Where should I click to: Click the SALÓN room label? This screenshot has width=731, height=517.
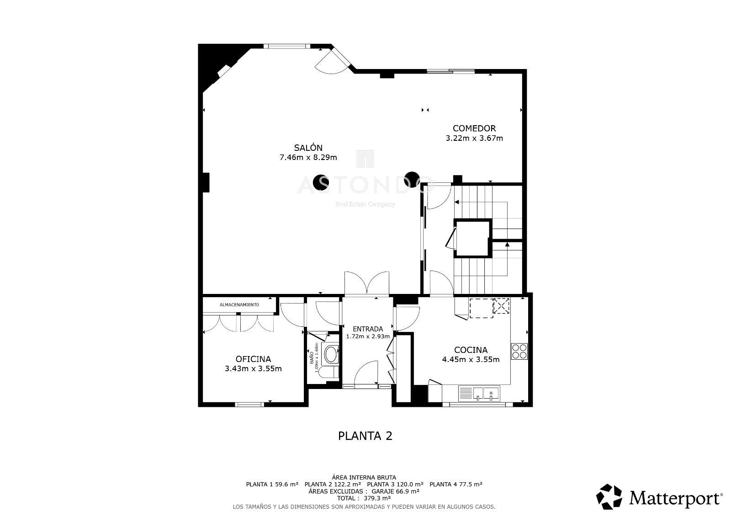click(x=308, y=148)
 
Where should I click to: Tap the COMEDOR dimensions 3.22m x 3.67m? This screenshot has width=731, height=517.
click(x=474, y=138)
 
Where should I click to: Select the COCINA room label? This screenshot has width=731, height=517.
click(x=471, y=350)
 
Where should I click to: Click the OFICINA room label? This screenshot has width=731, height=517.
click(x=253, y=359)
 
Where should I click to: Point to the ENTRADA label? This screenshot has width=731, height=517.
click(x=368, y=329)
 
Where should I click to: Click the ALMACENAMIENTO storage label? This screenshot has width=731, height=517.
click(x=239, y=305)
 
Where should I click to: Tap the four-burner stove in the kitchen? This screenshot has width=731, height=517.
click(x=519, y=351)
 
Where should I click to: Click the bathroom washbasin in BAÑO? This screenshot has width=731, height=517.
click(x=330, y=355)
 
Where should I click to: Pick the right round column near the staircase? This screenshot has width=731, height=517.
click(x=412, y=179)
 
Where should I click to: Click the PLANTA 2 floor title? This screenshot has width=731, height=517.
click(x=365, y=436)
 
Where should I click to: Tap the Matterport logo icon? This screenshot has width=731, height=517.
click(x=609, y=496)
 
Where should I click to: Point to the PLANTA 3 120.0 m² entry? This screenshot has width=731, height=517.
click(x=395, y=484)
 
